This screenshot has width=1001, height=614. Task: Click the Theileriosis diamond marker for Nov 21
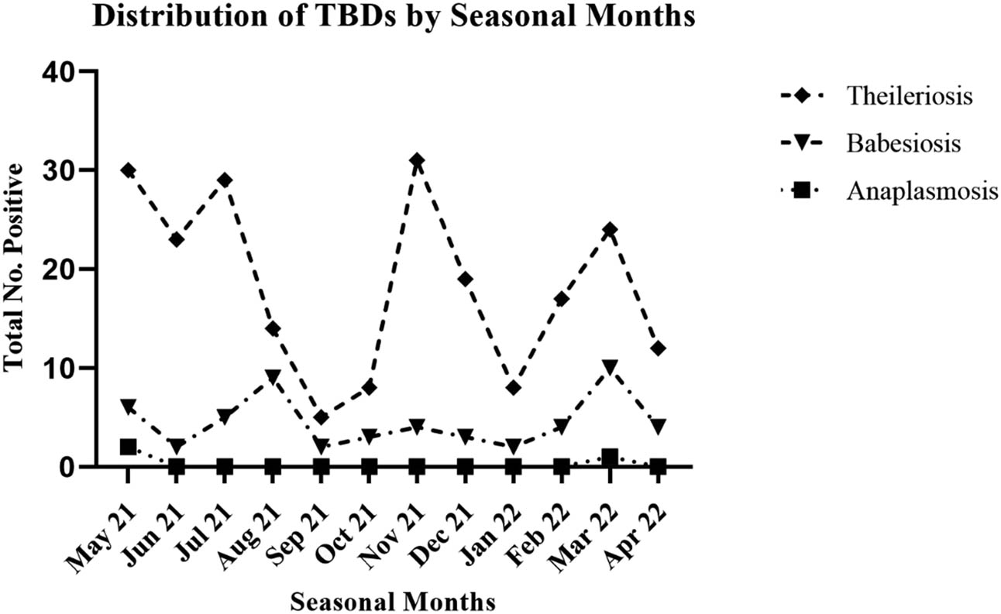point(417,161)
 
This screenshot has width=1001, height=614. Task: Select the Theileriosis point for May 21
point(129,170)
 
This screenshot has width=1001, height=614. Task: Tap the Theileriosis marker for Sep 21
point(321,418)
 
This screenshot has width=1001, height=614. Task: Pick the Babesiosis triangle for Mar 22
point(610,366)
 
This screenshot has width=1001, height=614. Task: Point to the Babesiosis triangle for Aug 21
point(273,376)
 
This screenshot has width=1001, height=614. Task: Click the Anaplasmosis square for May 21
point(129,447)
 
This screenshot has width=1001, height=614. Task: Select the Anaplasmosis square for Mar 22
point(610,457)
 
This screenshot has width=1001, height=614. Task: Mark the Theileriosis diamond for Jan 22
point(513,388)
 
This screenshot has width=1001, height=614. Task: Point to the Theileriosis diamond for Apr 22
point(658,348)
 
